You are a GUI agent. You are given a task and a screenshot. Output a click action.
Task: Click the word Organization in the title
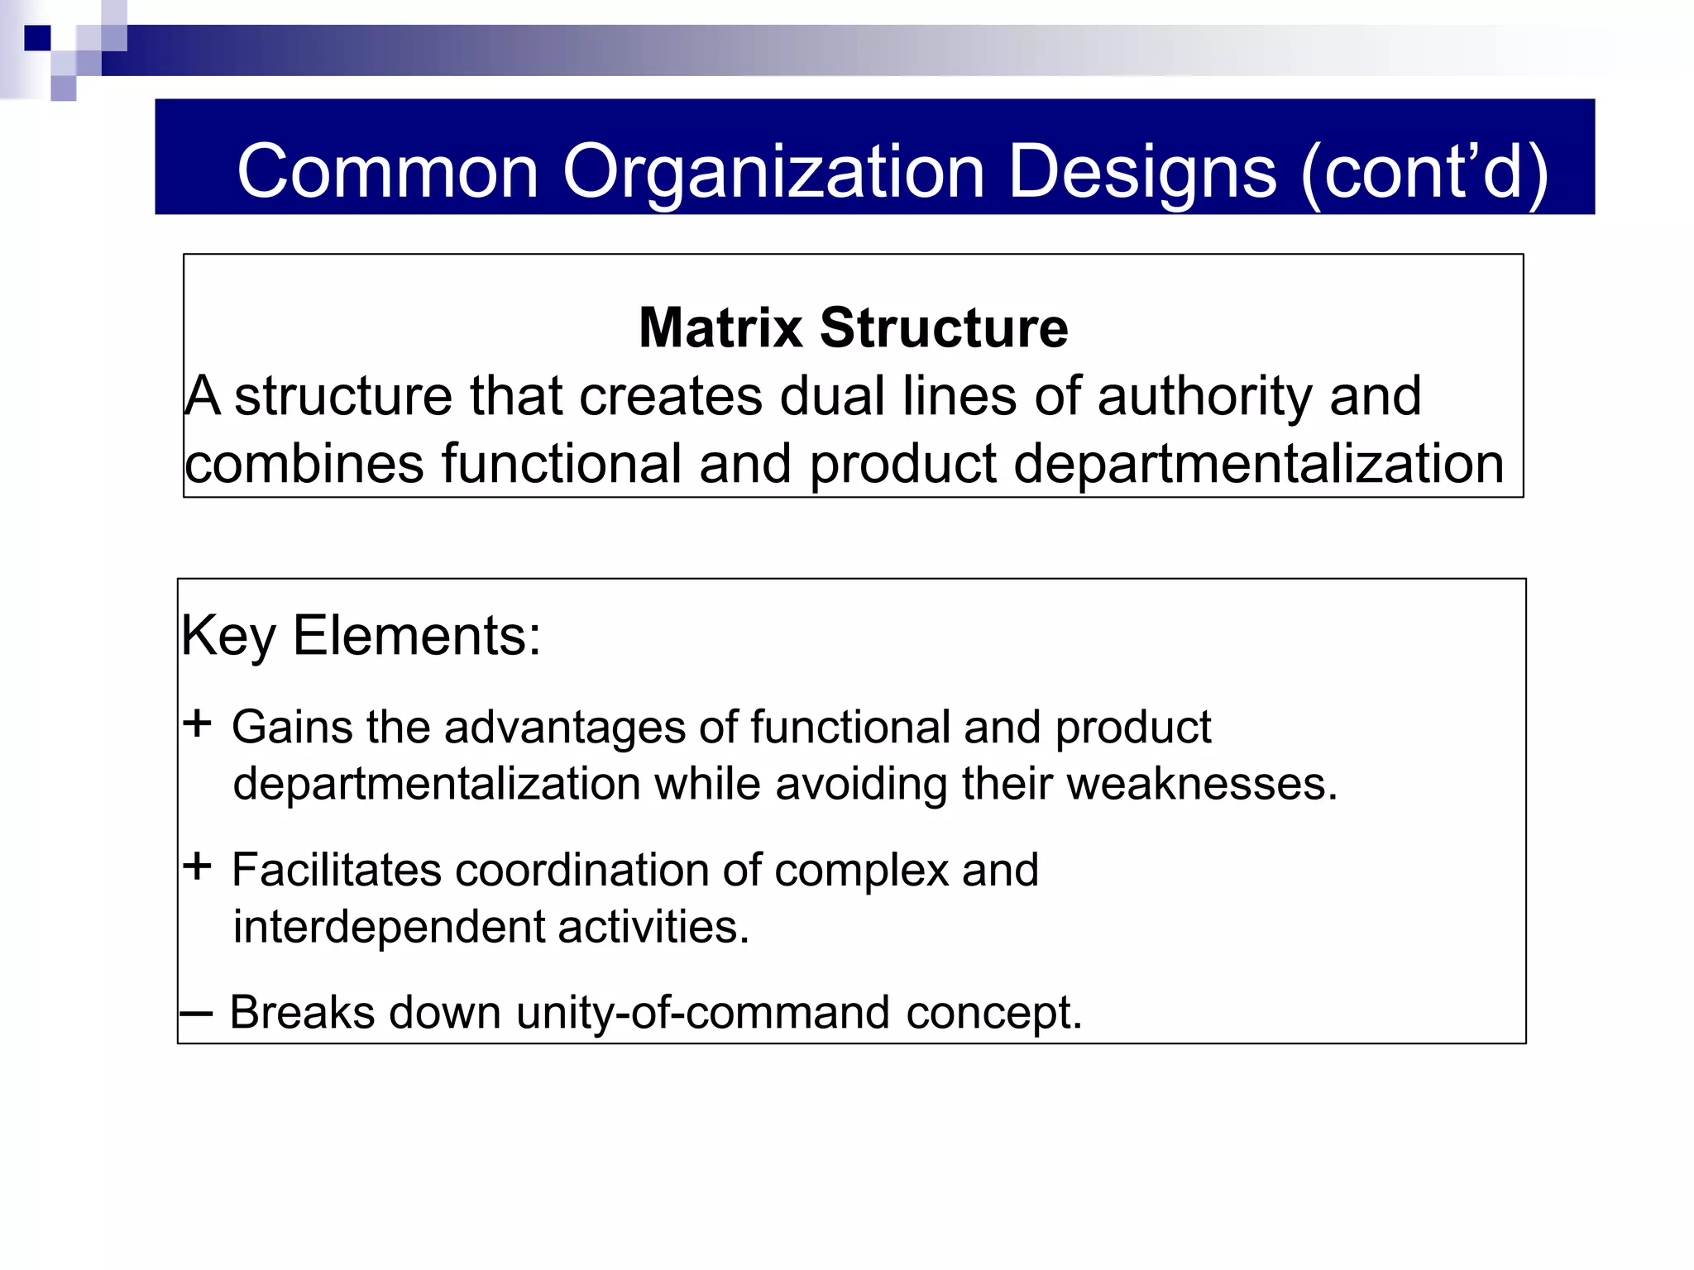coord(773,172)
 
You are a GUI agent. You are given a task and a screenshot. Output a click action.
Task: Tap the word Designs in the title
coord(1142,172)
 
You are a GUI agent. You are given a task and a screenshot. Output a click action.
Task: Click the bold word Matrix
coord(720,327)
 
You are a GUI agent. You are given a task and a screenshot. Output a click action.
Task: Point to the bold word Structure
coord(944,327)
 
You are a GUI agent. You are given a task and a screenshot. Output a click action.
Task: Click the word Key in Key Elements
coord(228,637)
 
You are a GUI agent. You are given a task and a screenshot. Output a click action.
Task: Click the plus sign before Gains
coord(198,724)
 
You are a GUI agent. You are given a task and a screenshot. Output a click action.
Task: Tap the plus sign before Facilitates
coord(198,867)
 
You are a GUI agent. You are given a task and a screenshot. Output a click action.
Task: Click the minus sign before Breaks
coord(197,1013)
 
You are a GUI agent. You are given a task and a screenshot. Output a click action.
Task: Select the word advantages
coord(565,728)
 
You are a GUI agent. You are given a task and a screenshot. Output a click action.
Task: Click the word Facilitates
coord(337,870)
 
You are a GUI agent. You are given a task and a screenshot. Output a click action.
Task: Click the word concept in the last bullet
coord(992,1014)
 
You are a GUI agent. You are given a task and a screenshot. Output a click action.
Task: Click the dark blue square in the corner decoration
coord(37,38)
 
